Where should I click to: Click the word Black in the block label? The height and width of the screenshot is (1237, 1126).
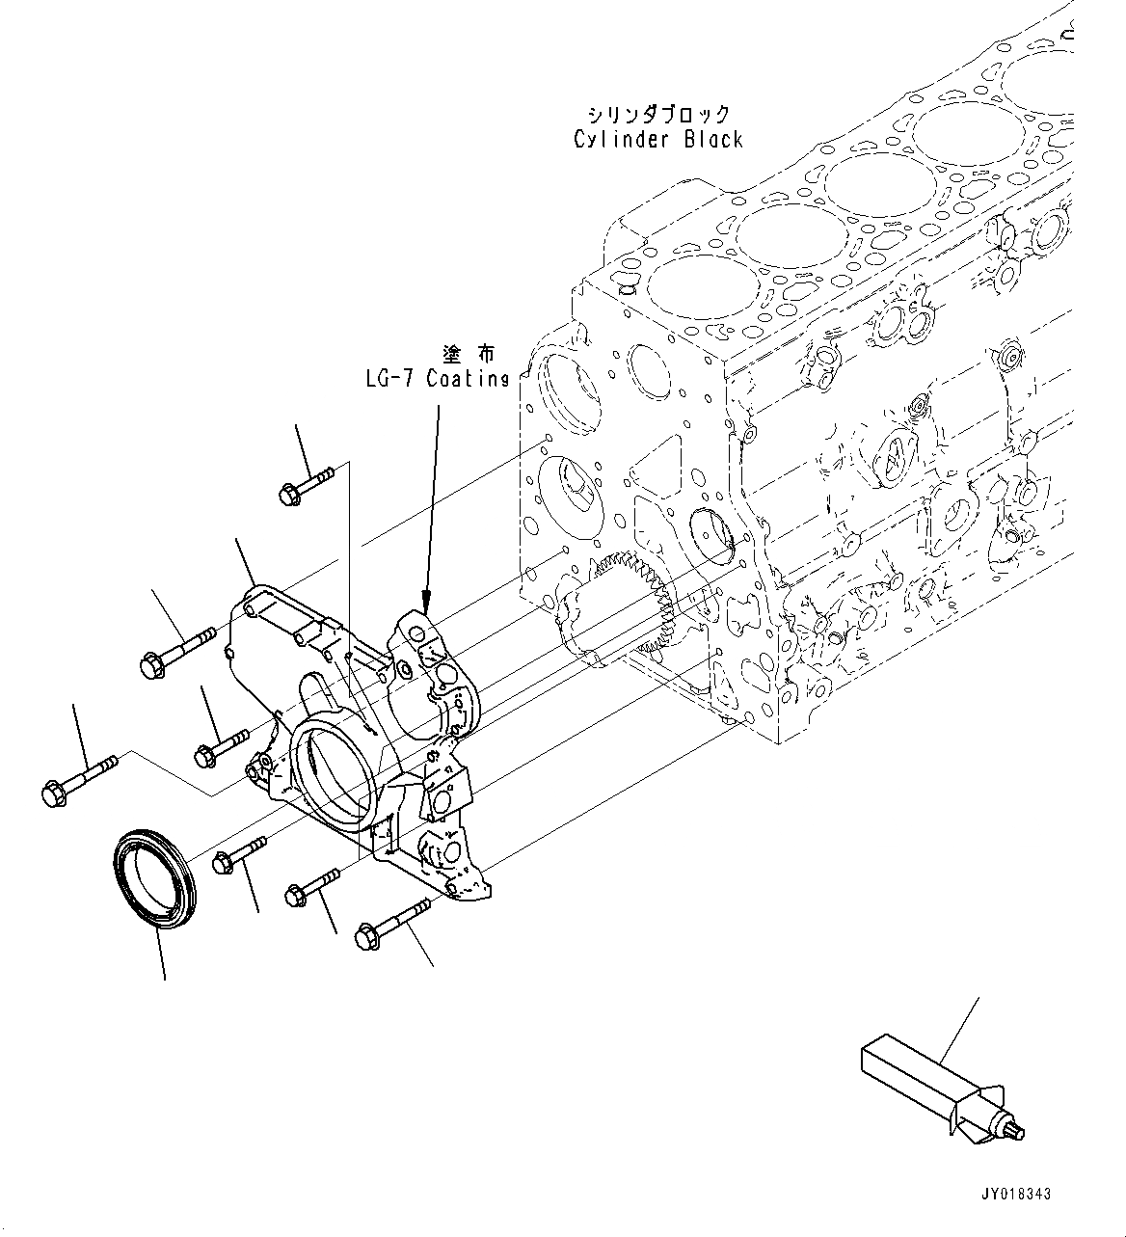(713, 140)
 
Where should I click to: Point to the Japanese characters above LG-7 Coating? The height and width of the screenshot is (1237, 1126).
(468, 355)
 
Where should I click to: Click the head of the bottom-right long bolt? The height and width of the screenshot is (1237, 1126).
(368, 935)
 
